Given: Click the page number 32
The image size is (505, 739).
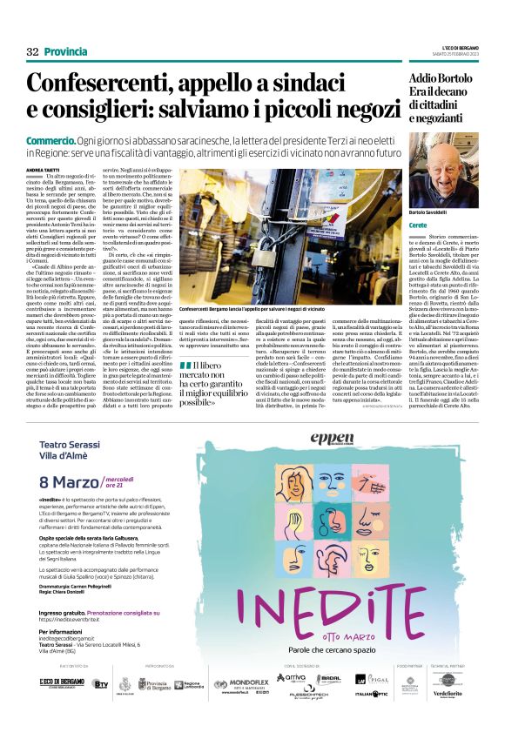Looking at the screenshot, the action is click(x=32, y=52).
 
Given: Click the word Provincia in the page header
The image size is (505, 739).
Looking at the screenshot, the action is click(x=66, y=52).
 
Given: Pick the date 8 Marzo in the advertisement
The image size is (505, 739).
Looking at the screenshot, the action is click(x=70, y=483).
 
